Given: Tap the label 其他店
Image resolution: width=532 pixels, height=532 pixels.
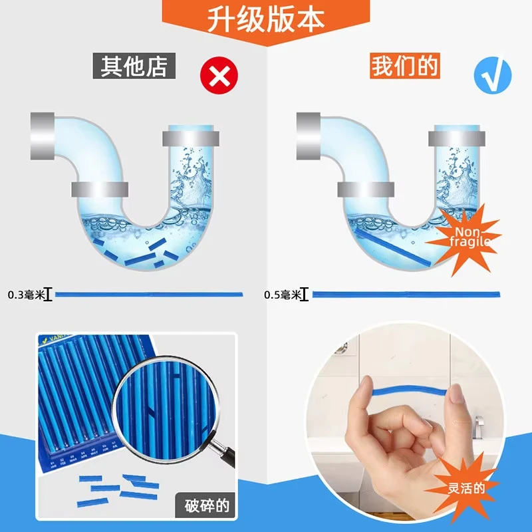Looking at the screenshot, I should (133, 67).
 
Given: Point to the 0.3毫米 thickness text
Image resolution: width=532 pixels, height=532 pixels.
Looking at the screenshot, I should (25, 294).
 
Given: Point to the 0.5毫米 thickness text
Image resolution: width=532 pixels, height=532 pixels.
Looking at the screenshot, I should (281, 294).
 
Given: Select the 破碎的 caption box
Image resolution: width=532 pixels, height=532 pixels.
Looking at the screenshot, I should (207, 506).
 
